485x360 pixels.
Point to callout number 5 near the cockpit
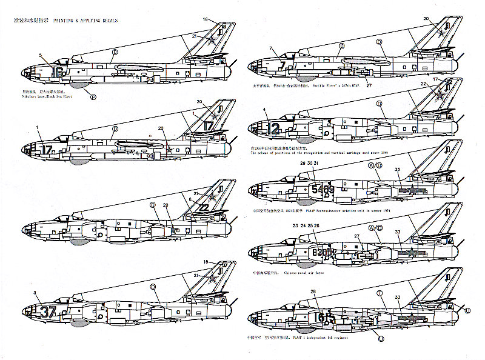coord(41,56)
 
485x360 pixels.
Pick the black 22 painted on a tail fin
coord(204,207)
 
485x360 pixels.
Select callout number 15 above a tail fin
coord(206,262)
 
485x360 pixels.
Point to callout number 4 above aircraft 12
coord(265,110)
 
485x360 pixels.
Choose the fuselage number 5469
coord(323,190)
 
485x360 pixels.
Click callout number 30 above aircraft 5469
coord(309,164)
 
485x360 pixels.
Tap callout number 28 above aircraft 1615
coord(313,292)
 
